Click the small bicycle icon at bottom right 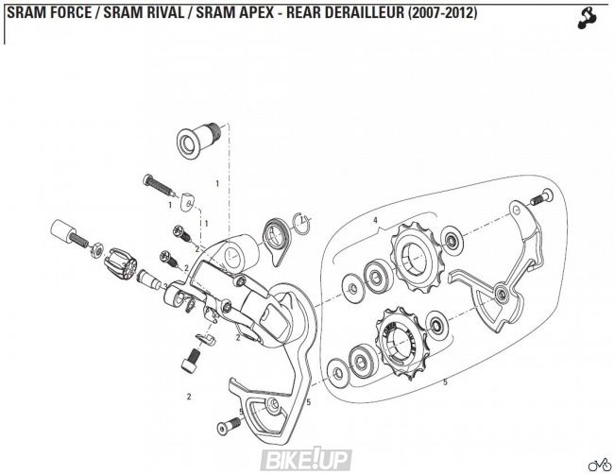(x=598, y=463)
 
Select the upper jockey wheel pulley (x=412, y=254)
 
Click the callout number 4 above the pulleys (x=375, y=221)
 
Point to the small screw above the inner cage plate (x=540, y=197)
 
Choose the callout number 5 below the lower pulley (x=444, y=381)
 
